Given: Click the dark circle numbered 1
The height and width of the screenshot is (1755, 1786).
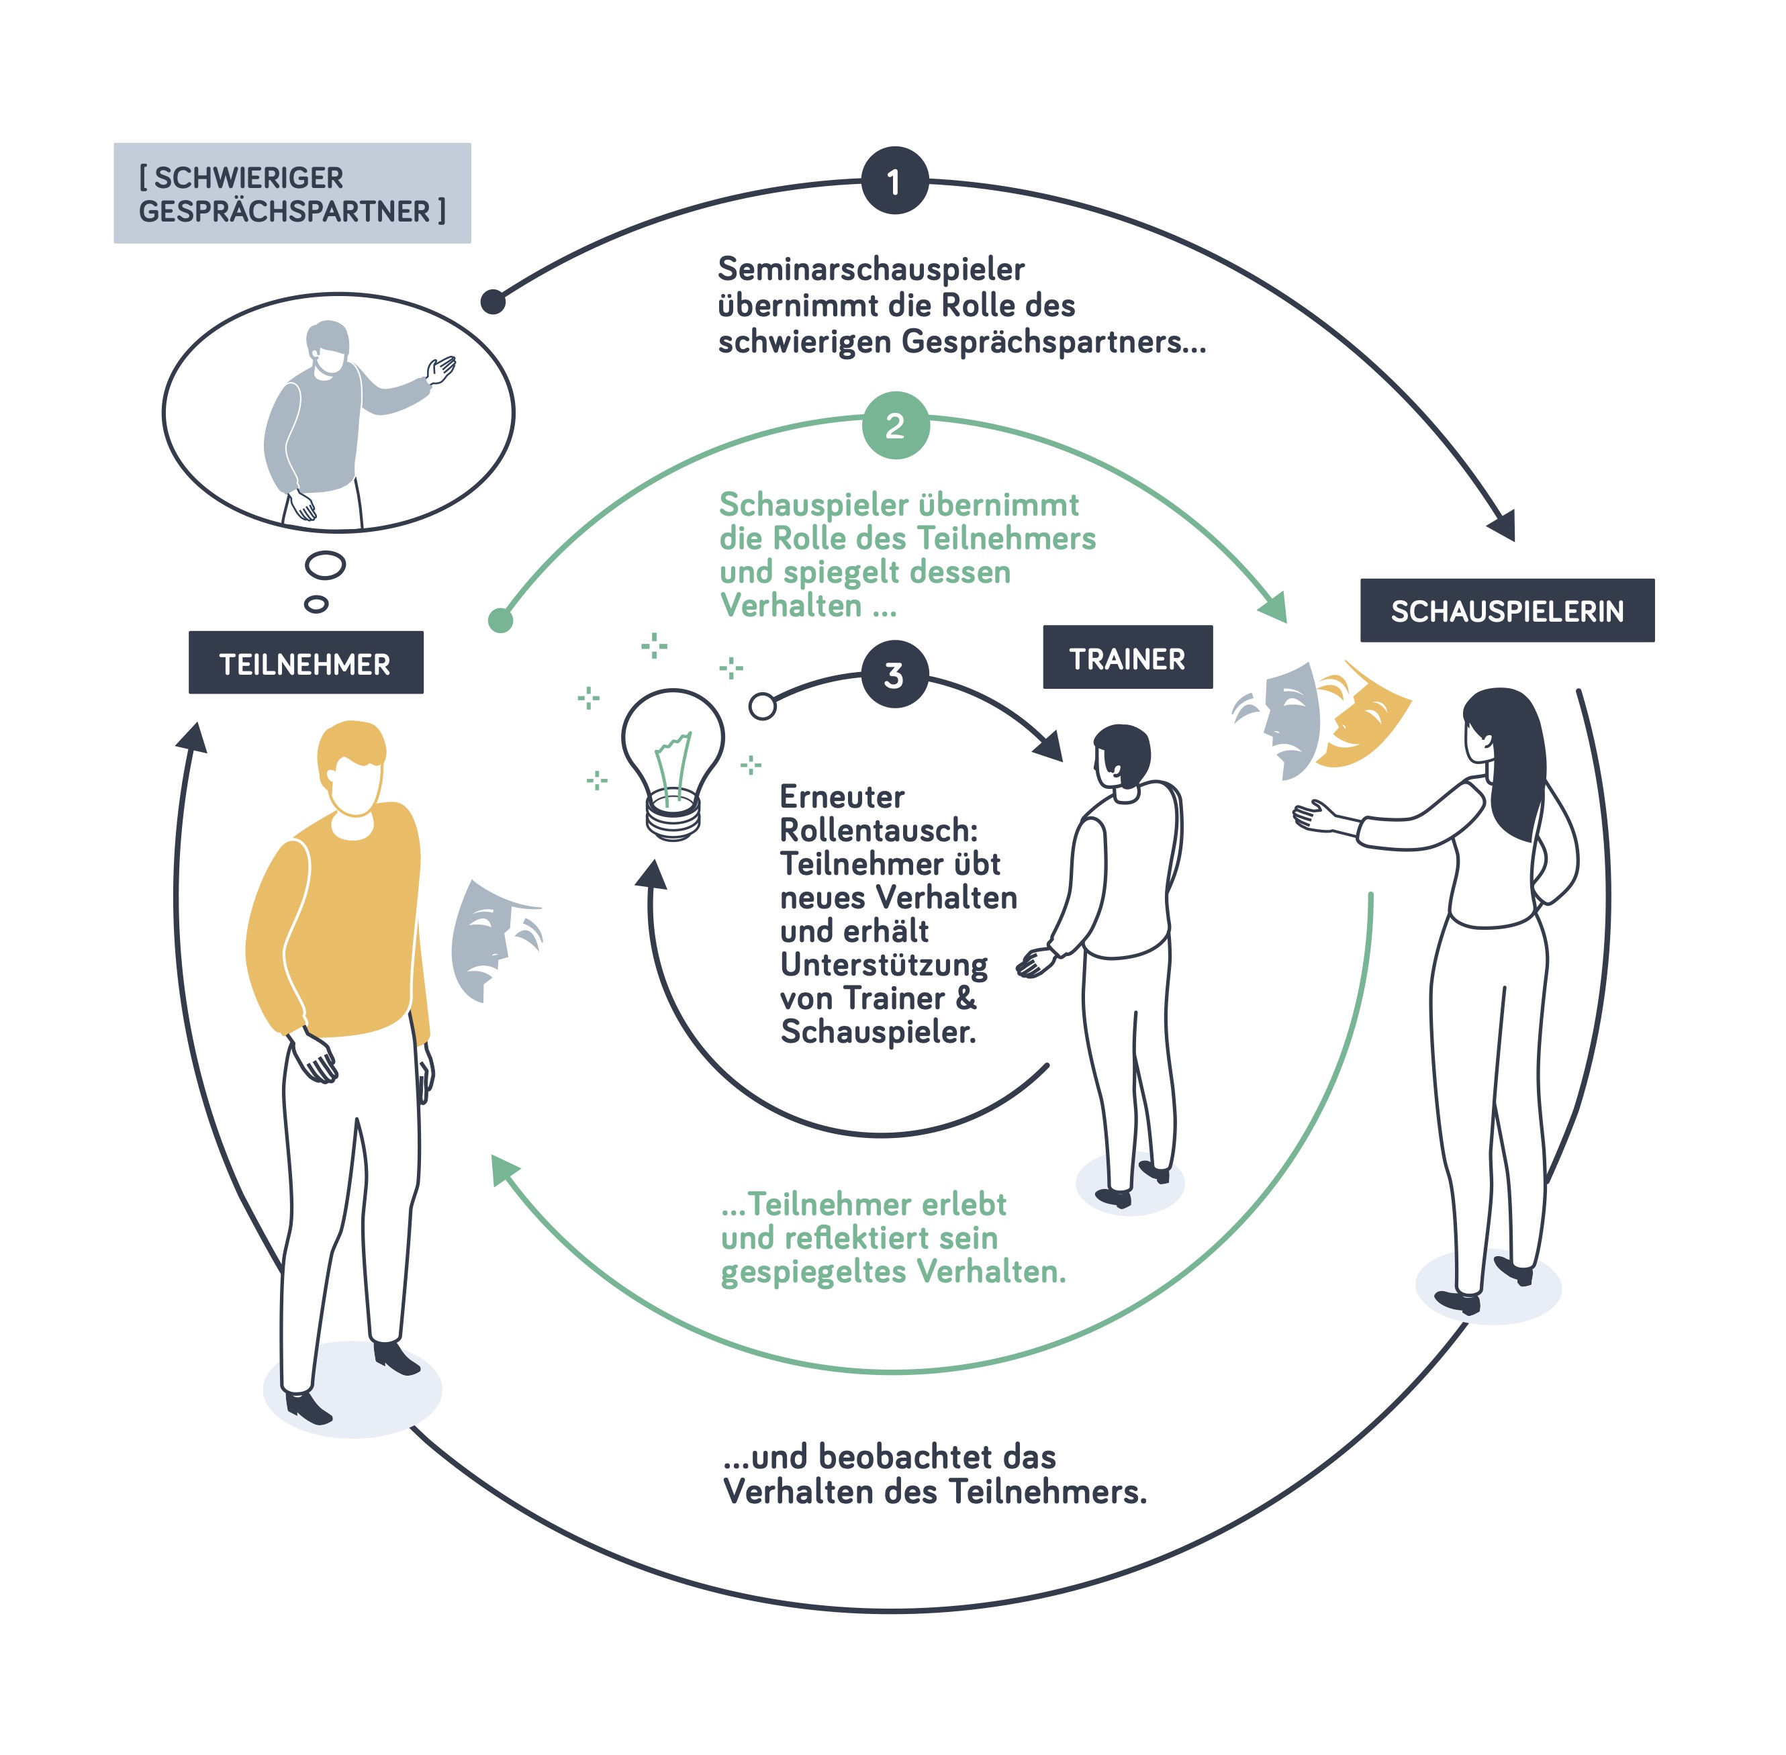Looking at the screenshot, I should click(x=894, y=181).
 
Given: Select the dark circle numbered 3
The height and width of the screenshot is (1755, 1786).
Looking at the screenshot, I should click(x=894, y=675).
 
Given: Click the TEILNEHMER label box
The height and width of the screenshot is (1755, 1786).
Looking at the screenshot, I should click(x=305, y=663).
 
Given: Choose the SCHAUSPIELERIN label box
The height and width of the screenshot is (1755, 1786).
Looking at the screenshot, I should click(x=1506, y=610).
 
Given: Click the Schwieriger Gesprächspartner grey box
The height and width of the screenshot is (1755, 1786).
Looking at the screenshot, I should click(x=291, y=193).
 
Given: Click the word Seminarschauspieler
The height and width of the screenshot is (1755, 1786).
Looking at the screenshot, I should click(x=870, y=269).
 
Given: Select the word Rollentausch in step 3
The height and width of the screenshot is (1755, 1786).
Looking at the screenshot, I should click(x=878, y=831).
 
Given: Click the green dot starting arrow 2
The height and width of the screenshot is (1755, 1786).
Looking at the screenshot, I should click(x=500, y=620).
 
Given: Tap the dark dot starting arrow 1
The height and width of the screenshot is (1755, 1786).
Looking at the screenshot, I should click(x=493, y=301).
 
